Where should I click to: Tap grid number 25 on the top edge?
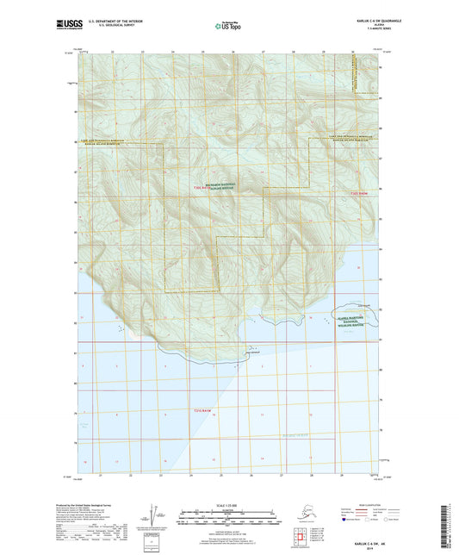202,51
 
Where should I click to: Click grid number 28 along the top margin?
293,51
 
